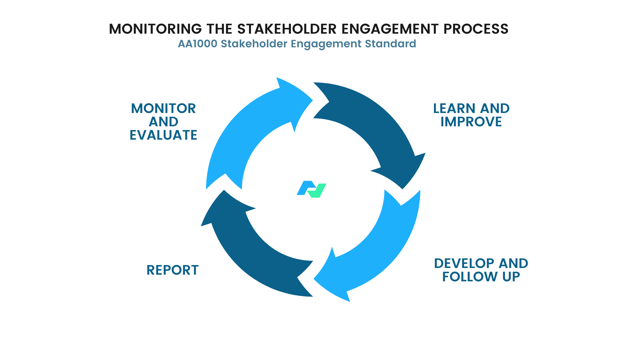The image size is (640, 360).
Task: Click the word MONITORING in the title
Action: (x=155, y=29)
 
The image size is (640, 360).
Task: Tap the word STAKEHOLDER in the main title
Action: (x=287, y=29)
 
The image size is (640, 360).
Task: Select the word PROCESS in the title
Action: (x=476, y=29)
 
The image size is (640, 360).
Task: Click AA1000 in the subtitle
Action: (x=197, y=44)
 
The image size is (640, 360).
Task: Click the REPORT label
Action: (x=172, y=270)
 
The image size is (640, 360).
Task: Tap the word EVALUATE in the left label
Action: (x=163, y=135)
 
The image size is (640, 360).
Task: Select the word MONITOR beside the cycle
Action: (x=163, y=109)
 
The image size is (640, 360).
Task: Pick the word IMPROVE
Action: (x=471, y=122)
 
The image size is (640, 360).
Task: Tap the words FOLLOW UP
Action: (x=481, y=277)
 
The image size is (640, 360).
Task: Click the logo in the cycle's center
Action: (x=311, y=189)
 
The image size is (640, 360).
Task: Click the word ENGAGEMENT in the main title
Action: (x=390, y=29)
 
